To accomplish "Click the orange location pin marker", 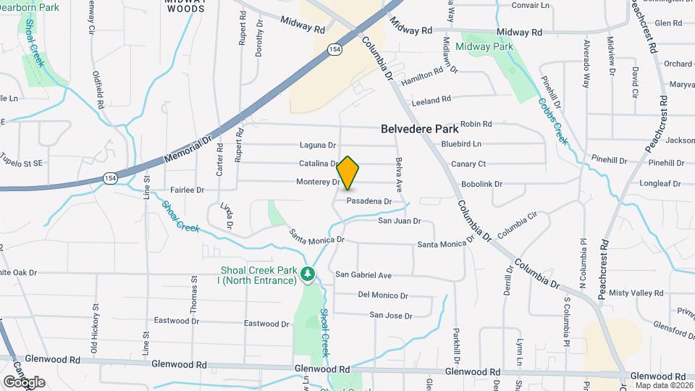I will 348,173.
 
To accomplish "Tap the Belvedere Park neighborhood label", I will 420,129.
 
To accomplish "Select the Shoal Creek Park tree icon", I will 308,274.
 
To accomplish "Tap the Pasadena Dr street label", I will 369,201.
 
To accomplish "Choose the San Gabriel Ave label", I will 363,275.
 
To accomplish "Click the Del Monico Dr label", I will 384,295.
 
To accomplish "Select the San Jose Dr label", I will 391,316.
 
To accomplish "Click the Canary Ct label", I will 468,164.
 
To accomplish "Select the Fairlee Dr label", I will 188,190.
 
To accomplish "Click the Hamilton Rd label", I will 421,74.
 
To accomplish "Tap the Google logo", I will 24,382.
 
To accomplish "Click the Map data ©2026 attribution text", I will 665,385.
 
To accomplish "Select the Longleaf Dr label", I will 660,184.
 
